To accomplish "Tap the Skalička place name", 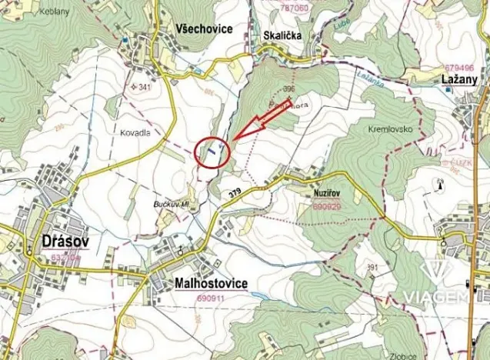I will pos(280,35).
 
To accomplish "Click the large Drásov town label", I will pos(61,242).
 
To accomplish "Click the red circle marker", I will pos(213,152).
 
